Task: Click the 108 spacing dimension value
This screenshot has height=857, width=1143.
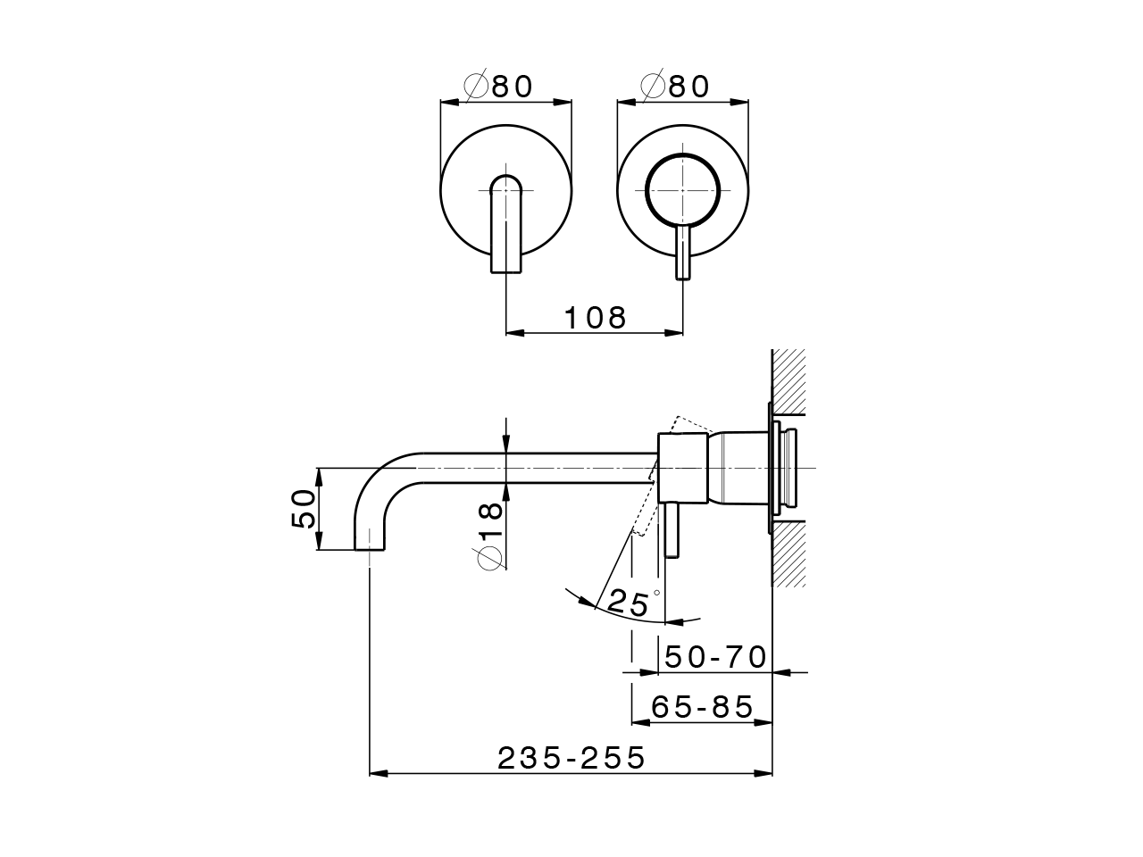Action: tap(596, 317)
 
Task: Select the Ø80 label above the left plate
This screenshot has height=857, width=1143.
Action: tap(499, 86)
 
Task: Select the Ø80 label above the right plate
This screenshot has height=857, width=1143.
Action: tap(675, 86)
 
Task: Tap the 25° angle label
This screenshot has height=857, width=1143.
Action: tap(633, 603)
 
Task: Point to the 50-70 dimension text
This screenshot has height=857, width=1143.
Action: tap(716, 657)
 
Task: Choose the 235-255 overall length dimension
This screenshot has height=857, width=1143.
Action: tap(571, 758)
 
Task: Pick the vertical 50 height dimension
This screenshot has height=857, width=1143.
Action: tap(305, 509)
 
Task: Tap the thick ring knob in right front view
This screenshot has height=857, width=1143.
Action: tap(683, 191)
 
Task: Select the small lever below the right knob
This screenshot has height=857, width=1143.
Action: tap(683, 253)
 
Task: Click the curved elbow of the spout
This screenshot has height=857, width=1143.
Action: tap(380, 487)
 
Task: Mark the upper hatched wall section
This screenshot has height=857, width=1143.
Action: tap(788, 381)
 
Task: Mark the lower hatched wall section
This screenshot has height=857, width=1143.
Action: tap(788, 553)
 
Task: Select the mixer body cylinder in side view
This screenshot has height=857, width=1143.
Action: tap(683, 469)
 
